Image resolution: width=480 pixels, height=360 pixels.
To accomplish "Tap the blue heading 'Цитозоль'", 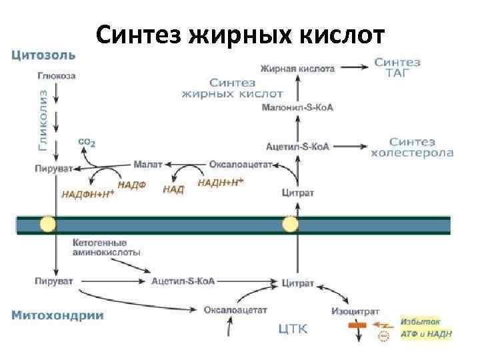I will pyautogui.click(x=43, y=54).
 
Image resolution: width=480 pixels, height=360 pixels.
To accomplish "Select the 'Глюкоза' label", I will pyautogui.click(x=56, y=75).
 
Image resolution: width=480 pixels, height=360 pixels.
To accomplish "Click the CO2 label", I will pyautogui.click(x=87, y=142).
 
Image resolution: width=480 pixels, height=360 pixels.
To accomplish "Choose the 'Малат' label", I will pyautogui.click(x=147, y=163).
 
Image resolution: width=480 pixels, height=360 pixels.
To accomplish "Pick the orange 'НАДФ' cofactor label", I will pyautogui.click(x=131, y=184).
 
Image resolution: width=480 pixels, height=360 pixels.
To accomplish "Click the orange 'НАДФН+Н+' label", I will pyautogui.click(x=88, y=194).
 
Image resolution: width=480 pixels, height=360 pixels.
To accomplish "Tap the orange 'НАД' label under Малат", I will pyautogui.click(x=173, y=189).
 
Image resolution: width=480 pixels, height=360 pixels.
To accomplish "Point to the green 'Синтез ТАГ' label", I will pyautogui.click(x=397, y=67).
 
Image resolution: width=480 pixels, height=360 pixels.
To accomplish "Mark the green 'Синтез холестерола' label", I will pyautogui.click(x=411, y=147).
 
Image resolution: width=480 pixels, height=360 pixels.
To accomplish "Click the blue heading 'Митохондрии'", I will pyautogui.click(x=57, y=315).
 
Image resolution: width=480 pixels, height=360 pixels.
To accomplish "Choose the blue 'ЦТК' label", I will pyautogui.click(x=293, y=328).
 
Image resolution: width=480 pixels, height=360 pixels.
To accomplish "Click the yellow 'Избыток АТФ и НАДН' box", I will pyautogui.click(x=425, y=327).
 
